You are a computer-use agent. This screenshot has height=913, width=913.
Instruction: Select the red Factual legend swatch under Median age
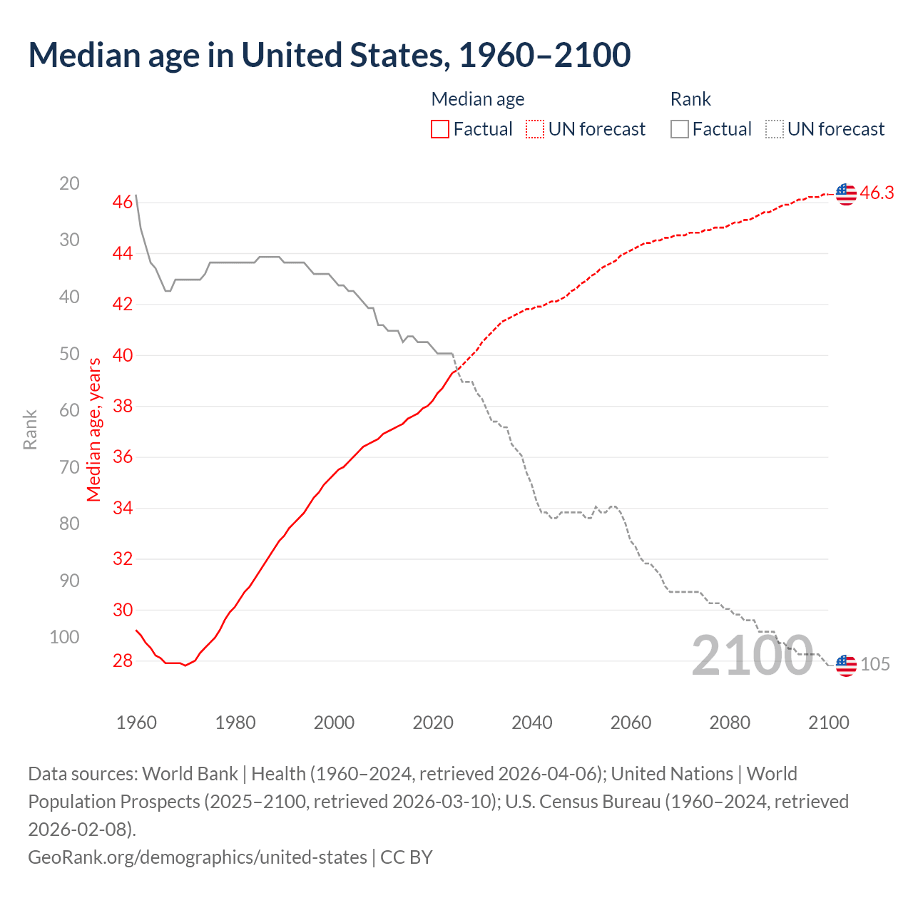[440, 129]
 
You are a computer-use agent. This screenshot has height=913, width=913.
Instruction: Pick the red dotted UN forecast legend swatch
[535, 129]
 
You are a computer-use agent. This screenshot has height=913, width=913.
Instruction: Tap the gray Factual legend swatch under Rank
[680, 129]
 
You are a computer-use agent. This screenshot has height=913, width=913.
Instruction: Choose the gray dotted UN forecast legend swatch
[774, 129]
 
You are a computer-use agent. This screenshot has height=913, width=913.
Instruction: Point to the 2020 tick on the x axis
[433, 723]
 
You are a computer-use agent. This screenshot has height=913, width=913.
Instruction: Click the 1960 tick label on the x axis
[136, 723]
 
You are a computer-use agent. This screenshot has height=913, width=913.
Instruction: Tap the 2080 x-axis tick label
[730, 723]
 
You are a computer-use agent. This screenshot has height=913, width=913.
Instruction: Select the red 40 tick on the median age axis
[123, 355]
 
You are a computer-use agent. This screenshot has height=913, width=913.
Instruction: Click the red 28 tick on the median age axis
[123, 661]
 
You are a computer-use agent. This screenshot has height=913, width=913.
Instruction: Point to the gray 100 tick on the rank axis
[64, 637]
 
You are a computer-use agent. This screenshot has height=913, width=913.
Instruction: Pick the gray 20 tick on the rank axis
[69, 184]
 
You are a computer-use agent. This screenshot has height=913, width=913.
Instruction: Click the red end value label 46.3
[877, 193]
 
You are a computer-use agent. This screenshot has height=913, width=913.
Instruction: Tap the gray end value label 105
[875, 665]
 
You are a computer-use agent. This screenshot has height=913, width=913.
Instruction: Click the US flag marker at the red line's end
[846, 193]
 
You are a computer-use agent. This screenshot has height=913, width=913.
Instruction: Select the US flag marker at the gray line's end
[846, 665]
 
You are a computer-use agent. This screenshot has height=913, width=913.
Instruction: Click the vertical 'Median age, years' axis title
[94, 429]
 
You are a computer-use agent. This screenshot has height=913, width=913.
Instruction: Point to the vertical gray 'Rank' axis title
[30, 429]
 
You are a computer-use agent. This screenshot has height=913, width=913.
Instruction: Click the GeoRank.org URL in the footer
[197, 857]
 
